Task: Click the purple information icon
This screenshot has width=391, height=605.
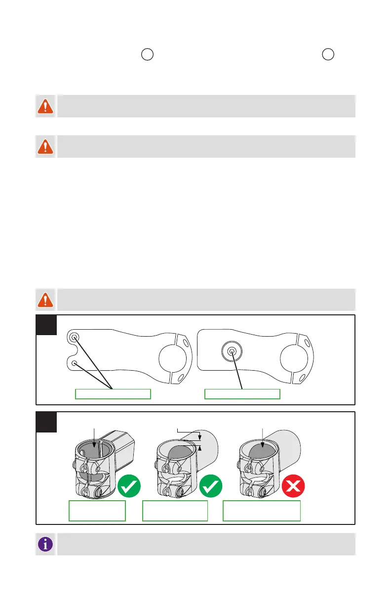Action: [46, 544]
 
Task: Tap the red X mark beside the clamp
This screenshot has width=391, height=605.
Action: [293, 486]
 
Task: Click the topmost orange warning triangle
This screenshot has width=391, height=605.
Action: [46, 106]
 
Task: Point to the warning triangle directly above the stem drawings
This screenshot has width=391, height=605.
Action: [46, 300]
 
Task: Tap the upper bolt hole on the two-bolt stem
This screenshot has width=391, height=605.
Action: [74, 338]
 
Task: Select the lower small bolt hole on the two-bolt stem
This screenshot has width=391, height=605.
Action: [74, 363]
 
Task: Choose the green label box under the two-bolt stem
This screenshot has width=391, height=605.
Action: [113, 393]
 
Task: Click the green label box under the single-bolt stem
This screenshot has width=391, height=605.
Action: [242, 393]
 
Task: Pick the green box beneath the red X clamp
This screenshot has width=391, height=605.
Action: [262, 511]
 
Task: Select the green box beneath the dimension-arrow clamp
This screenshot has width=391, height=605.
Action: [175, 511]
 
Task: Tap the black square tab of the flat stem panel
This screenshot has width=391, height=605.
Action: [46, 324]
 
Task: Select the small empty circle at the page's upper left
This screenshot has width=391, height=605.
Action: [147, 55]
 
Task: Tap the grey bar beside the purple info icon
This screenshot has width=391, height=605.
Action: [206, 544]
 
